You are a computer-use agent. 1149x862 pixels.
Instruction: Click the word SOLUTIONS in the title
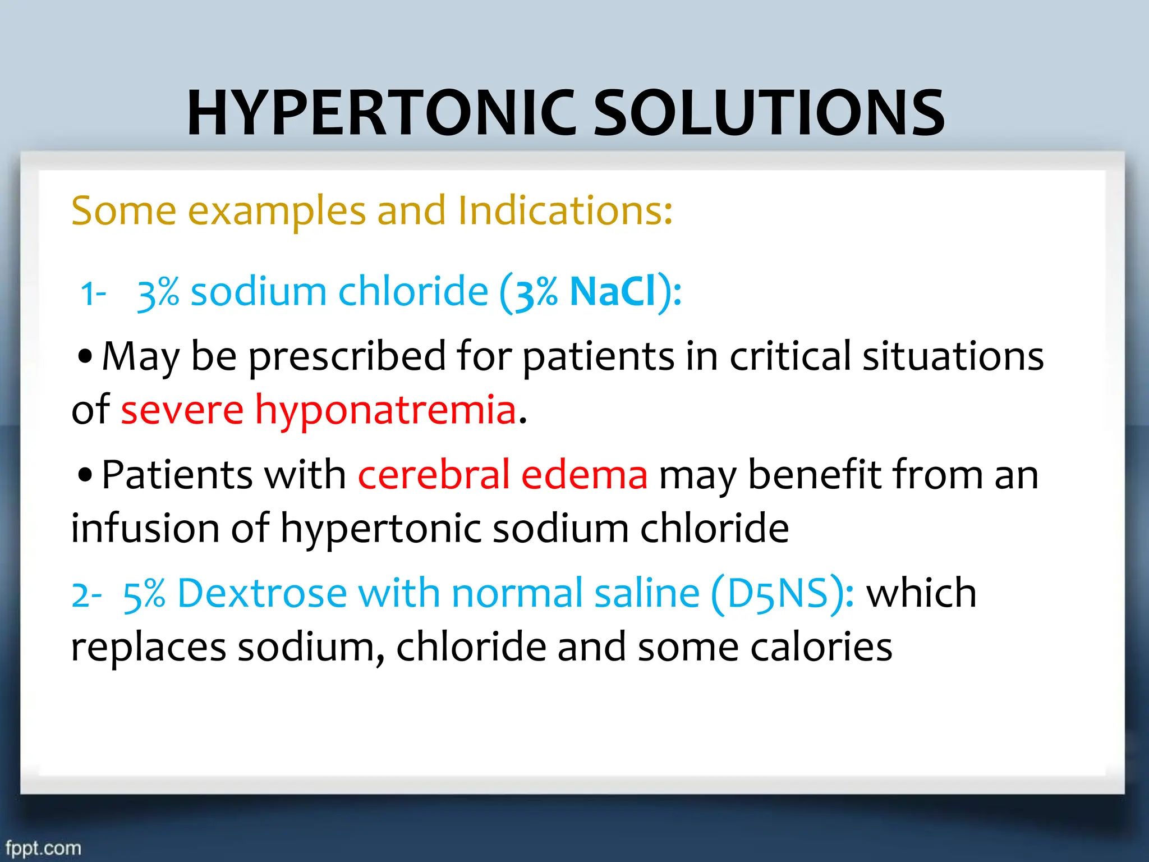769,113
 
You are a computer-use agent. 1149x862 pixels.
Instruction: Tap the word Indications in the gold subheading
564,211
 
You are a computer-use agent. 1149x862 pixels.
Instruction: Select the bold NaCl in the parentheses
613,292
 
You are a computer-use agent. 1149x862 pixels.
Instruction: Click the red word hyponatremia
385,410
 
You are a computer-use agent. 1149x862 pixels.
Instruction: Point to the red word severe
182,410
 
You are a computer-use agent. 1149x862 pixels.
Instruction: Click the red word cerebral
433,475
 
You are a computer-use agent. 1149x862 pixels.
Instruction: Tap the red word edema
584,475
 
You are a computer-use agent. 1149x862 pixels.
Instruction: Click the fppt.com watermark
43,847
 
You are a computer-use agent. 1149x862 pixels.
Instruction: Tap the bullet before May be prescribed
85,357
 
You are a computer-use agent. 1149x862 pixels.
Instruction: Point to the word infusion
145,528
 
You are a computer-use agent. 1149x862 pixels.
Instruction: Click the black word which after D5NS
921,593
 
